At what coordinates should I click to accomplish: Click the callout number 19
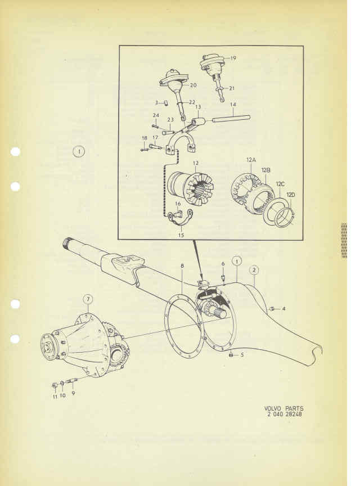(233, 58)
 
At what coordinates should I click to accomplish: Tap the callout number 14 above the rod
(233, 105)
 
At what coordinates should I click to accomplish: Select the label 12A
(251, 160)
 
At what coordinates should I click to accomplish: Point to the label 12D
(291, 195)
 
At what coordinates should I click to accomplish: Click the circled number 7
(88, 299)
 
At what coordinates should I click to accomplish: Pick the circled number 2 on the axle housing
(254, 270)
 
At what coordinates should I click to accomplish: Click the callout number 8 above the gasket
(182, 266)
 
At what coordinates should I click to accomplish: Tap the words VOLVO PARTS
(283, 408)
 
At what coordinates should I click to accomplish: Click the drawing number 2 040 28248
(284, 414)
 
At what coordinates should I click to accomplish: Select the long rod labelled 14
(231, 118)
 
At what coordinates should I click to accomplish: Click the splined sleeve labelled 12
(190, 188)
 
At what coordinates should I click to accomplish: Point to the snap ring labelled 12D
(285, 217)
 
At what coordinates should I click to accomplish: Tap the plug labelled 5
(231, 354)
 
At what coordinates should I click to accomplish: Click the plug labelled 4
(272, 309)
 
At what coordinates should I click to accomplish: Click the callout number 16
(178, 204)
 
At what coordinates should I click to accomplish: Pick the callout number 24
(156, 115)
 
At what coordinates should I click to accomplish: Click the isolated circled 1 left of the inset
(79, 151)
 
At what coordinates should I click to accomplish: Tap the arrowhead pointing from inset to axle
(201, 275)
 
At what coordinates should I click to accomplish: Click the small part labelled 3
(166, 102)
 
